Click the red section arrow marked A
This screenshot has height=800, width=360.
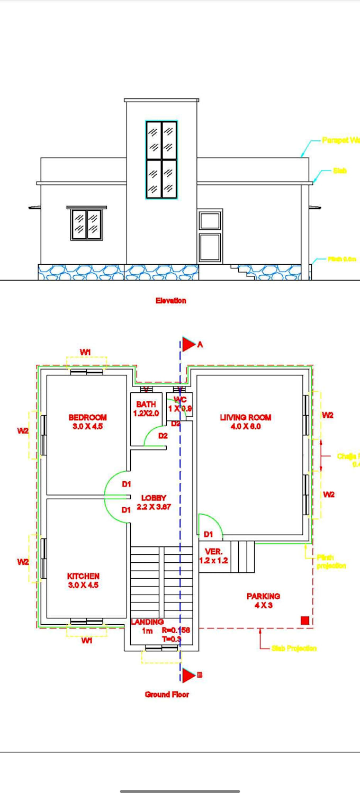(188, 345)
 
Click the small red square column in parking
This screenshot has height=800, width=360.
(304, 620)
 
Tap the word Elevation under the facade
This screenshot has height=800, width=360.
(170, 301)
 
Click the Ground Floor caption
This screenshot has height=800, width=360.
(167, 694)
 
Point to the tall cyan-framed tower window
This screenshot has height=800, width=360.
(161, 160)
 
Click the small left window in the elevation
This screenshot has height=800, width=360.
(86, 224)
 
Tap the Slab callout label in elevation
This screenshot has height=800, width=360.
(339, 171)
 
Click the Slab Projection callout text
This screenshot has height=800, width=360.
(294, 648)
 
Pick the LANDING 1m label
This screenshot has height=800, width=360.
(147, 626)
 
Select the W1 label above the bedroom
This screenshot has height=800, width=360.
(86, 352)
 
